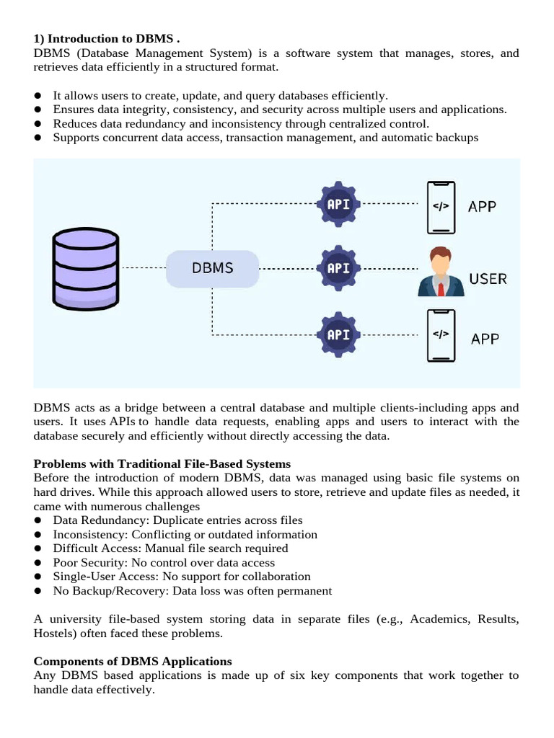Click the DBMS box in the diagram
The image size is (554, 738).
[x=212, y=268]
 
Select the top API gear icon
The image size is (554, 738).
[x=338, y=204]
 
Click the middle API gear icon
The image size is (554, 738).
[x=338, y=268]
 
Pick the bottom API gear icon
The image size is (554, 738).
[x=338, y=334]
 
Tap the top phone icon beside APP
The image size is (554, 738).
[x=440, y=206]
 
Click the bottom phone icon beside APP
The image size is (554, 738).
[x=440, y=335]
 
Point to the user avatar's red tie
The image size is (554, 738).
[x=440, y=288]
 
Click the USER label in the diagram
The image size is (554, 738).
[x=488, y=278]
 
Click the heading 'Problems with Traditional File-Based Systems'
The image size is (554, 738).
[x=162, y=463]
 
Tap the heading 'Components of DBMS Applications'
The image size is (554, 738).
[x=133, y=661]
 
